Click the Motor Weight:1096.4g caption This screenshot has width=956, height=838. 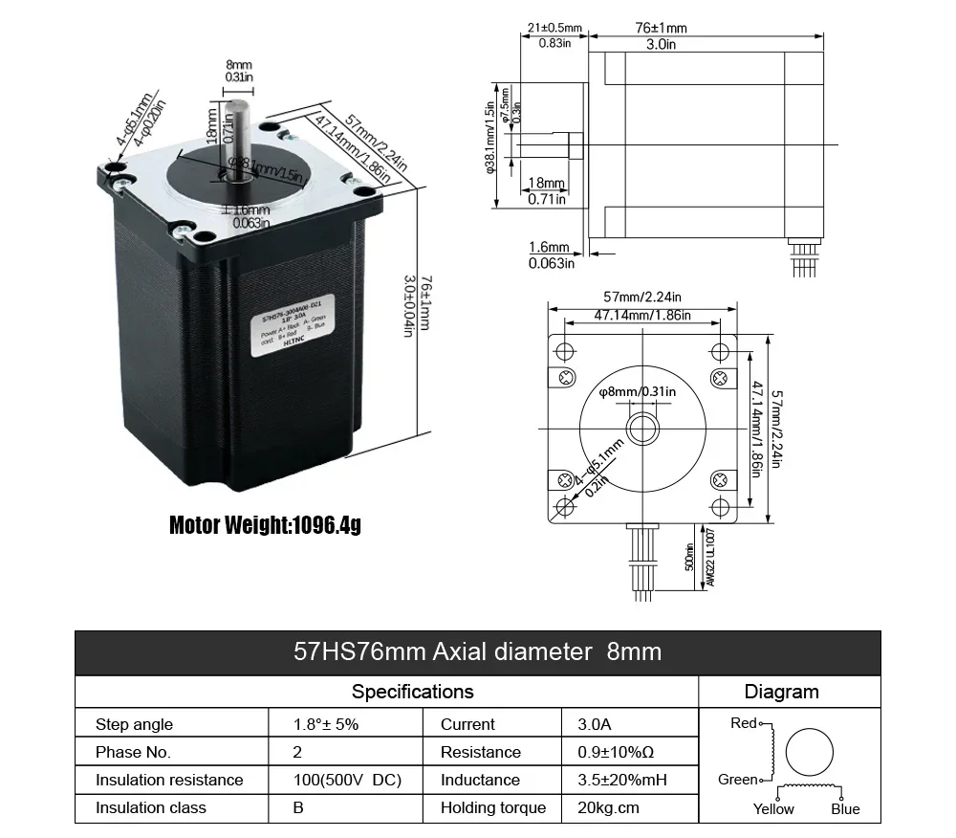coord(265,525)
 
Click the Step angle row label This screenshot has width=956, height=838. coord(135,724)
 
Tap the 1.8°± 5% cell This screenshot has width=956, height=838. coord(326,724)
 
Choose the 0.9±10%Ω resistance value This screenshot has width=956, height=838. coord(617,752)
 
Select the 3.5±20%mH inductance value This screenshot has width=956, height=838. coord(622,780)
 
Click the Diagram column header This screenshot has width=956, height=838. coord(781,692)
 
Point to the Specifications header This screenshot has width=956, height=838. coord(412,691)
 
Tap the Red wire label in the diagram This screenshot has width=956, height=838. coord(743,723)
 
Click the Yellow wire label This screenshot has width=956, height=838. coord(772,809)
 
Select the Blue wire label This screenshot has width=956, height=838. coord(845,809)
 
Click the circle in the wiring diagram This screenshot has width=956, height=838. coord(812,752)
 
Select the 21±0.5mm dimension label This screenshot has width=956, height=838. coord(554,28)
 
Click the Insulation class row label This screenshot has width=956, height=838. coord(151,807)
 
